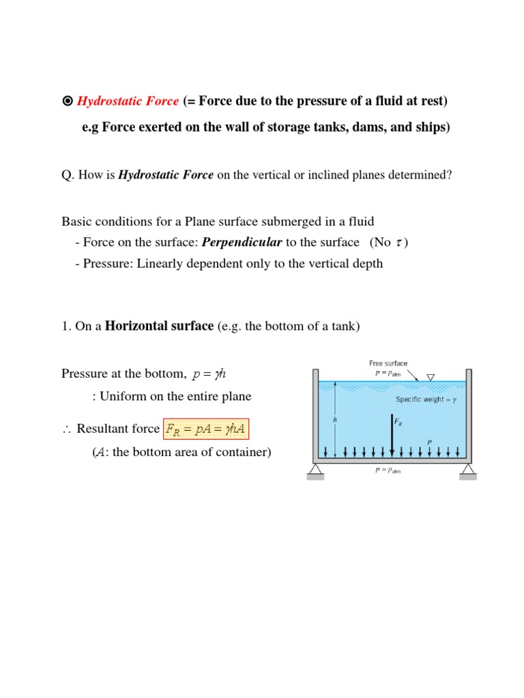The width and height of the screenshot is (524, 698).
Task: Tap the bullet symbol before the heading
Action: point(67,102)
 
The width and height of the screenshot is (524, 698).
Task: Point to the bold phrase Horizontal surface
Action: point(159,327)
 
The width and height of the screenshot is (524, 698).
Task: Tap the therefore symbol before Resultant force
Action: point(67,429)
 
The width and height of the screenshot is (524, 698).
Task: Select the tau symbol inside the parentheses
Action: point(399,243)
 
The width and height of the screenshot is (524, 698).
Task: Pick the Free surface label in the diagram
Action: point(388,363)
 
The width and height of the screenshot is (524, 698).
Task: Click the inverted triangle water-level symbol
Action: point(431,377)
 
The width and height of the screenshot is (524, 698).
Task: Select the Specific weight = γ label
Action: point(426,400)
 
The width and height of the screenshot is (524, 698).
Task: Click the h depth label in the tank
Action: point(335,421)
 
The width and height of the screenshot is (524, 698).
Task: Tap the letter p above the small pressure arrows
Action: point(429,442)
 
